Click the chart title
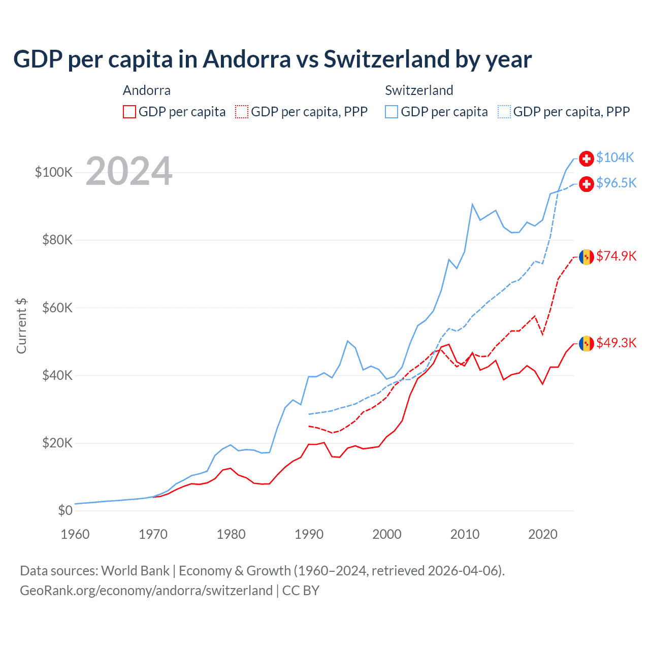click(x=272, y=59)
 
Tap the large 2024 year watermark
click(x=129, y=171)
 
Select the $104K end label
click(x=615, y=157)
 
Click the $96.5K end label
click(x=616, y=183)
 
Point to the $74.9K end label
click(x=616, y=256)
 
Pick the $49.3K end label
click(x=616, y=343)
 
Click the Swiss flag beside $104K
click(x=587, y=158)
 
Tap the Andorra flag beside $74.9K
click(x=587, y=257)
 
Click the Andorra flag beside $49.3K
click(x=587, y=344)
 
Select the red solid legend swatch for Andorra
click(x=129, y=112)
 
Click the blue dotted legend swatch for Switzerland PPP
click(x=504, y=112)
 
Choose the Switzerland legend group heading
click(x=419, y=90)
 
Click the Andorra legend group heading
click(x=147, y=90)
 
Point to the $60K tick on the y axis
click(x=57, y=308)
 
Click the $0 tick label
click(x=65, y=510)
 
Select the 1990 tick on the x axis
click(x=309, y=534)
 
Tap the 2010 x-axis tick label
click(x=465, y=534)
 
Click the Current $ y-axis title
click(x=21, y=326)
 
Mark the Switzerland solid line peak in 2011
click(x=472, y=204)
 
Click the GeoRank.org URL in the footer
click(x=146, y=591)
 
